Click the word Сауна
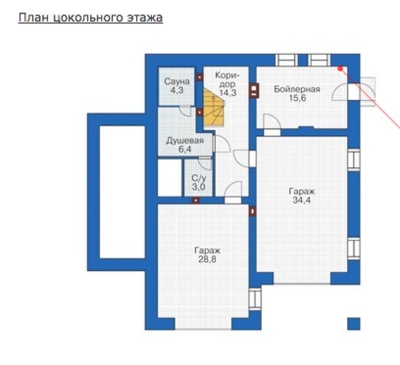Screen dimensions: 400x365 pos(177,82)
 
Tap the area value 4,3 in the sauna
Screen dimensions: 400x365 pos(177,90)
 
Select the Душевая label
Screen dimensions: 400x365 pos(185,141)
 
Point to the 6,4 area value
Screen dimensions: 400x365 pos(185,149)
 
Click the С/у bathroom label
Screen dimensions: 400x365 pos(198,178)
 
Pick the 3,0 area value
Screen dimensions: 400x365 pos(198,187)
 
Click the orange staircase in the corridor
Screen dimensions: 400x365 pos(214,107)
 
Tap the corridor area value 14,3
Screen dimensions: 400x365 pos(228,93)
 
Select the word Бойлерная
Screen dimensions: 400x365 pos(297,89)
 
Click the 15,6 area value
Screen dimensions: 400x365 pos(297,98)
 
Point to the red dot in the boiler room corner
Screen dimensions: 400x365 pos(340,69)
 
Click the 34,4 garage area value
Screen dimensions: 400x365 pos(302,200)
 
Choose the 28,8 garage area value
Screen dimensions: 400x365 pos(207,259)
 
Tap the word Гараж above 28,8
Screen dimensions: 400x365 pos(207,251)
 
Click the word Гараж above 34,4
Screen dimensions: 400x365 pos(302,192)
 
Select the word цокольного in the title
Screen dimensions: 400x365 pos(91,18)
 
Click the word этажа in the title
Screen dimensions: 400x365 pos(145,18)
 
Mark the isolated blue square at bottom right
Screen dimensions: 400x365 pos(354,324)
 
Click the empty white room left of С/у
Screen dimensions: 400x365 pos(170,178)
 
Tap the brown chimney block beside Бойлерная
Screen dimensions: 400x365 pos(254,91)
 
